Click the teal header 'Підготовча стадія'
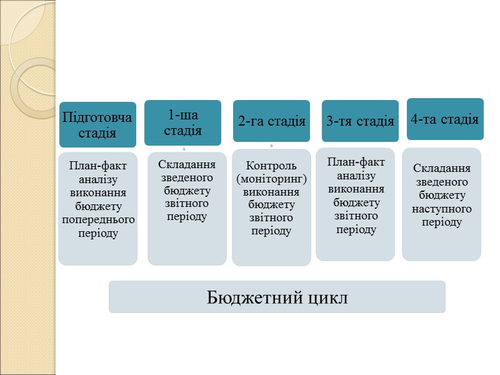pos(97,125)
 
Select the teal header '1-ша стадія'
pos(182,122)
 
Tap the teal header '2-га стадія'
pos(271,121)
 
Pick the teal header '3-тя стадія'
pos(360,121)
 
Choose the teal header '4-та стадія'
pos(444,119)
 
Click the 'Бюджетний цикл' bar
pos(277,297)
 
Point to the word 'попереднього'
pos(98,219)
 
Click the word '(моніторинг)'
pos(271,179)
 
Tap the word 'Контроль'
pos(271,166)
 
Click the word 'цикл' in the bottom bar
pos(322,297)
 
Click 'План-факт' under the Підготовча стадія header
pos(98,166)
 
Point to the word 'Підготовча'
pos(97,117)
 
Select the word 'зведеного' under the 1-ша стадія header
pos(187,177)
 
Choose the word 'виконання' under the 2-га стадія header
pos(271,192)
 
